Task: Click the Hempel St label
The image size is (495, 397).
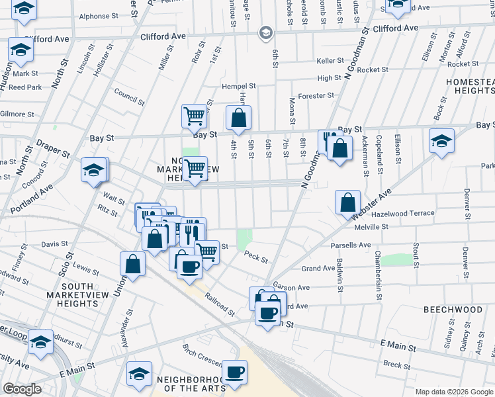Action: click(x=238, y=87)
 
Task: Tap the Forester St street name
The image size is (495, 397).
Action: click(x=316, y=96)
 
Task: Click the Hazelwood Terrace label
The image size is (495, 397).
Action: click(x=402, y=213)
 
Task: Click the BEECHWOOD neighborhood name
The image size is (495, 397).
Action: click(x=453, y=310)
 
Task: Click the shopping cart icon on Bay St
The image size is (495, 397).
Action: click(x=195, y=116)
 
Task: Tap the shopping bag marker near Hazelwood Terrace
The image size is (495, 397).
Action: click(x=347, y=202)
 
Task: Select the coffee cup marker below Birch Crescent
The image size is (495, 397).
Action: click(x=234, y=371)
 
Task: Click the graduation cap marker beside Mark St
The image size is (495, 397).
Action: click(x=21, y=50)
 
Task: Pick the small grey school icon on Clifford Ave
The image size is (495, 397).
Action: click(x=265, y=32)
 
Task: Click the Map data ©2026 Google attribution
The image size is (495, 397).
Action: click(x=453, y=392)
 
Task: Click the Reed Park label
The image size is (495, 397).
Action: click(x=25, y=87)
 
